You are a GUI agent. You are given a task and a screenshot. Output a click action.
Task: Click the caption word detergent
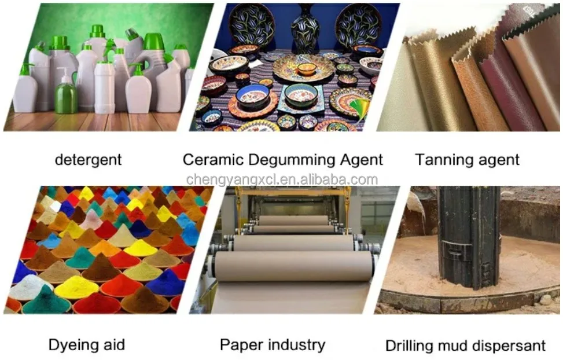pos(88,160)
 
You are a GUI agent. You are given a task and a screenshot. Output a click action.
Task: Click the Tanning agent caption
pos(467,160)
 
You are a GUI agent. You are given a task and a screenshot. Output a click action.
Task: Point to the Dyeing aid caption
pos(86,346)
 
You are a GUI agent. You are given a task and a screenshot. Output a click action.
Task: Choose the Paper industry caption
pos(272,346)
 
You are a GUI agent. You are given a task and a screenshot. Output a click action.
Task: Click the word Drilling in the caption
pos(410,346)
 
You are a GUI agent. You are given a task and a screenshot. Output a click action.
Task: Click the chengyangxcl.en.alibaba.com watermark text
pos(282,179)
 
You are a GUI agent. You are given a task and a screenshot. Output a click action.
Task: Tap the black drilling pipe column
pos(469,237)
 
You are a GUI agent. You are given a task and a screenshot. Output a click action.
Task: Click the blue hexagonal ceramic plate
pos(300,100)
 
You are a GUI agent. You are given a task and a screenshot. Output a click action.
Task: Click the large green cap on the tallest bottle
pos(153,42)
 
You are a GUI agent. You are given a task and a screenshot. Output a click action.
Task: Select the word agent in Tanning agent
pos(497,160)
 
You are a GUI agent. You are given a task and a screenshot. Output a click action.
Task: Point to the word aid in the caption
pos(112,346)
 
